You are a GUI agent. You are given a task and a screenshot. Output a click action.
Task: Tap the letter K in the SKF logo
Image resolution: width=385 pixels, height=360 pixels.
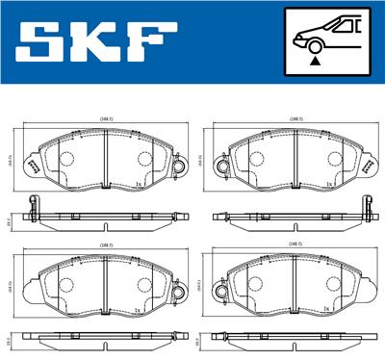click(97, 41)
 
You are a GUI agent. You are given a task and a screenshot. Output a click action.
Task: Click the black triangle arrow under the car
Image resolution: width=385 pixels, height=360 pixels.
click(315, 60)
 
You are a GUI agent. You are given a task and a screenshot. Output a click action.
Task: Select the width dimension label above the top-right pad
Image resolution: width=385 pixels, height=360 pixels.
click(295, 120)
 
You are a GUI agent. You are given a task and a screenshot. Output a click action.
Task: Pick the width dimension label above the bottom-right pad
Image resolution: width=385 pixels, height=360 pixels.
click(295, 245)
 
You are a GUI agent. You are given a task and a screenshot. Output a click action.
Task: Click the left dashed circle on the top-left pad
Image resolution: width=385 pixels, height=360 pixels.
click(67, 160)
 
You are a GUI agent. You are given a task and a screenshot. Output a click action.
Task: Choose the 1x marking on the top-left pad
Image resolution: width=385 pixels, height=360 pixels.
click(140, 181)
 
